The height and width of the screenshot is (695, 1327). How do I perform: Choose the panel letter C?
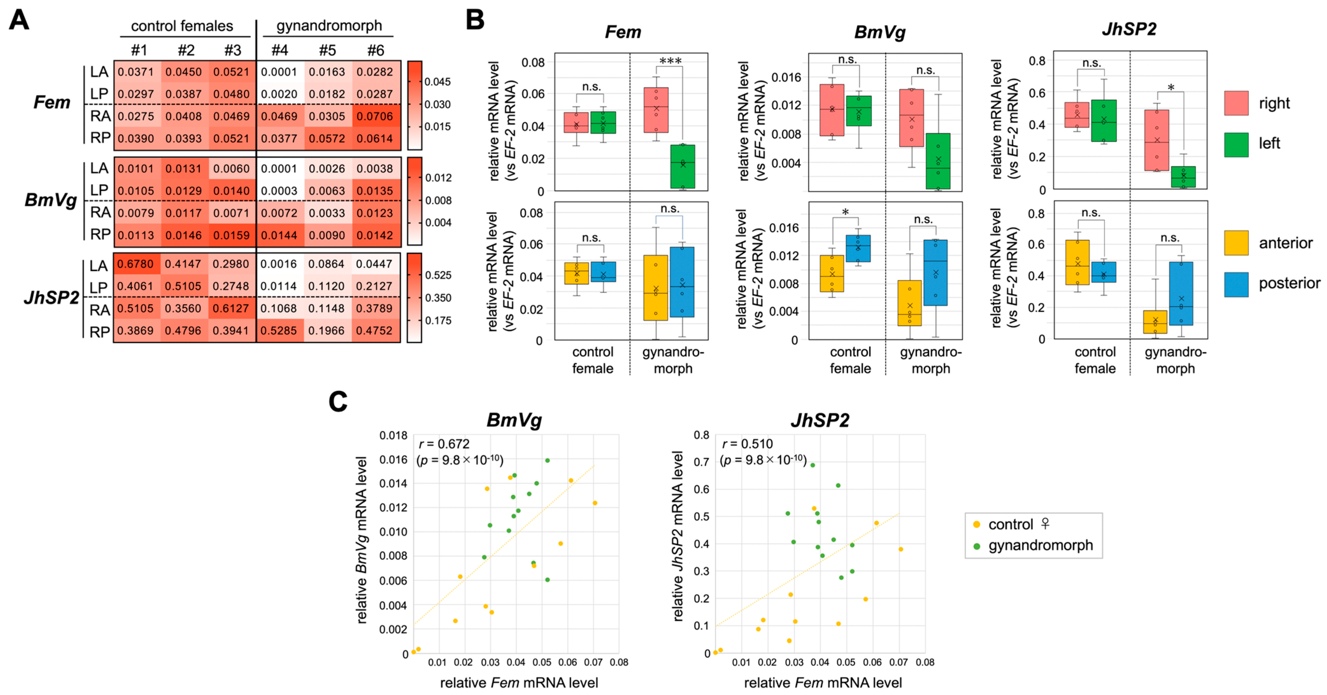[x=338, y=402]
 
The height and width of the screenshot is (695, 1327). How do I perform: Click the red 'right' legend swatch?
[x=1236, y=103]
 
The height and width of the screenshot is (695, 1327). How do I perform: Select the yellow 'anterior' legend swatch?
[x=1236, y=243]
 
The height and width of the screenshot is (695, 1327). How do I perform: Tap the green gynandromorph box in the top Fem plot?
[x=683, y=166]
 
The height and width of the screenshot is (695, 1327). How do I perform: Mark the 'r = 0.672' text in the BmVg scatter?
[x=444, y=444]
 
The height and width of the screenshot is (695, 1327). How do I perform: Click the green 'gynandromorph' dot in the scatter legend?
[x=976, y=546]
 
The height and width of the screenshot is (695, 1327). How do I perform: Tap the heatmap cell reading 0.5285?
[x=280, y=330]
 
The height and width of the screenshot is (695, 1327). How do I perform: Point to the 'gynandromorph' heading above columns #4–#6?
[x=329, y=26]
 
